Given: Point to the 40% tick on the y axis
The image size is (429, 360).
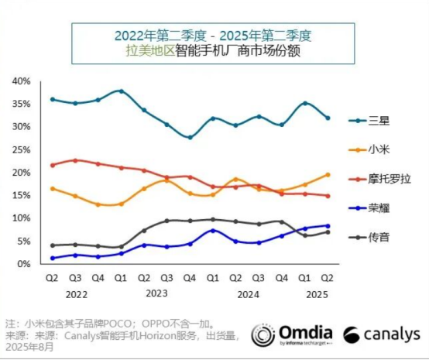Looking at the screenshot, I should (21, 81).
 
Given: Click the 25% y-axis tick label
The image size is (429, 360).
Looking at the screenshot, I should (21, 149).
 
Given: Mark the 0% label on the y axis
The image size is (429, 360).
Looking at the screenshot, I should (24, 264).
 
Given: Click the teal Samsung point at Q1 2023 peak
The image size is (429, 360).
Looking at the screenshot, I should (121, 91).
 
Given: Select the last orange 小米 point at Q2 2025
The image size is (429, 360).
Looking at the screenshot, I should (328, 175).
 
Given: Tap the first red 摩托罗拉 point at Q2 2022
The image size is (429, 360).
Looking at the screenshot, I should (52, 165).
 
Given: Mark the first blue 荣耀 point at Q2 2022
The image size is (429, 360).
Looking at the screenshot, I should (52, 258).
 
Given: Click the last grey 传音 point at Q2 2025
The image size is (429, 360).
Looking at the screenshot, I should (328, 232).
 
